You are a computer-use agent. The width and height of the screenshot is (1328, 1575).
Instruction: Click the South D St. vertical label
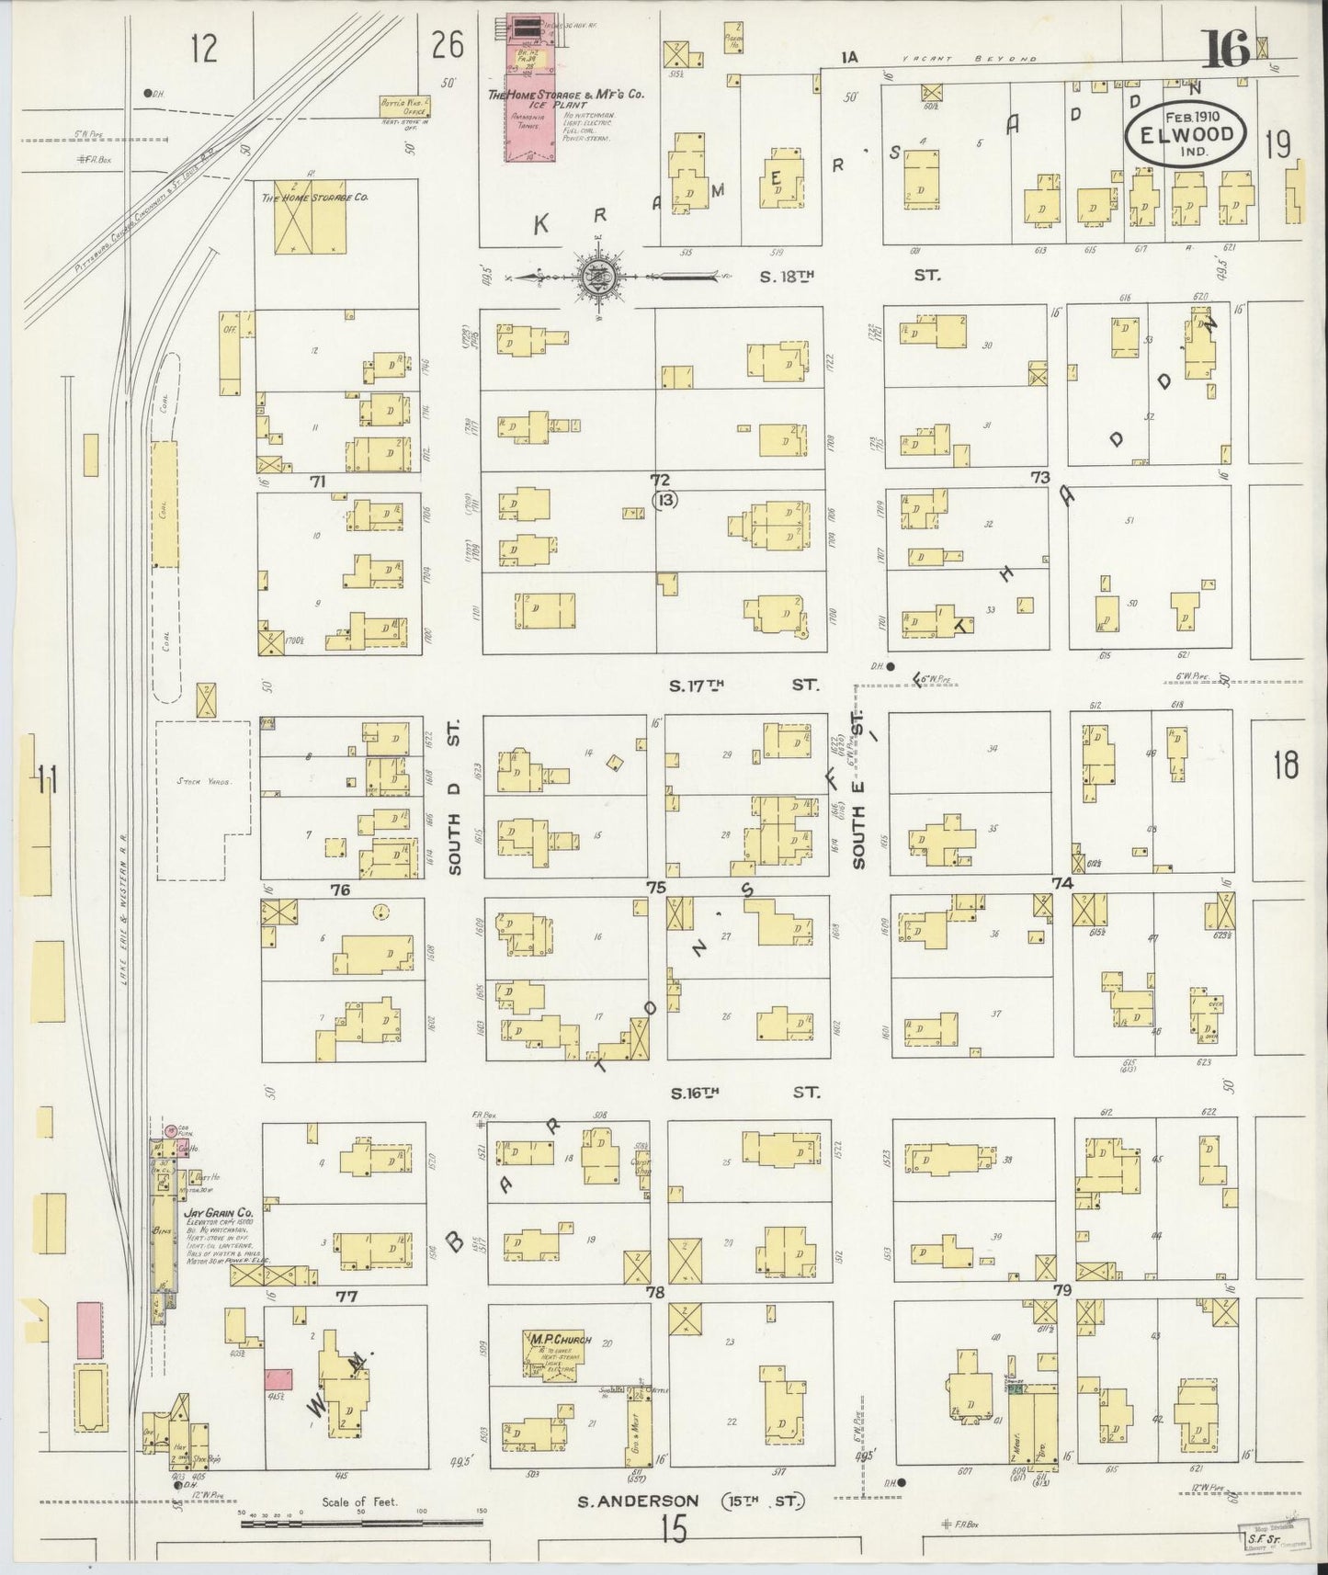coord(456,797)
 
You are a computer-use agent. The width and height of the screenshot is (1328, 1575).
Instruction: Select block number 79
coord(1062,1291)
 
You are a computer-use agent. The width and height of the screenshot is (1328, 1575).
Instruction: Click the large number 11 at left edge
coord(46,784)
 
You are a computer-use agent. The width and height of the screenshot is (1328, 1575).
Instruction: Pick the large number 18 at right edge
coord(1286,765)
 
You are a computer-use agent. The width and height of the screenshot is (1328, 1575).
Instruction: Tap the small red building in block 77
coord(278,1378)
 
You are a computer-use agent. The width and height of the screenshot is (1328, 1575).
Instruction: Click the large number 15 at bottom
coord(674,1528)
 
